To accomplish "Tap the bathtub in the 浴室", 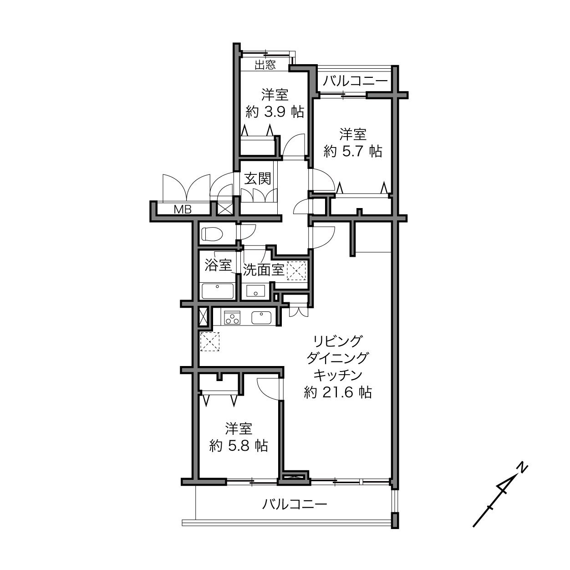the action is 218,291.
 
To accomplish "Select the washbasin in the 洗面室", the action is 255,291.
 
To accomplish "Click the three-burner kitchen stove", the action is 232,318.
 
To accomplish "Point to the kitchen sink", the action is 261,318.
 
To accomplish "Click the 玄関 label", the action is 258,178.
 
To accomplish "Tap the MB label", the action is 183,209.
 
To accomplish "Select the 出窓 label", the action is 265,65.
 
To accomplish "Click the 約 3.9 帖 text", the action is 275,112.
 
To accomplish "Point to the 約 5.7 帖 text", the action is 353,152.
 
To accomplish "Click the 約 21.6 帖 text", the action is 338,392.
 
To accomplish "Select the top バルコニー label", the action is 355,81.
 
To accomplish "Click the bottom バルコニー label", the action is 295,504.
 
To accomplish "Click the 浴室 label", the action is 218,265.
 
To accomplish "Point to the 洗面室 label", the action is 264,270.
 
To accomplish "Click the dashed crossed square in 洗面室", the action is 296,270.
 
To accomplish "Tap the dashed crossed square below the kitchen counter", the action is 210,341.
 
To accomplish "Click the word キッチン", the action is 338,375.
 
